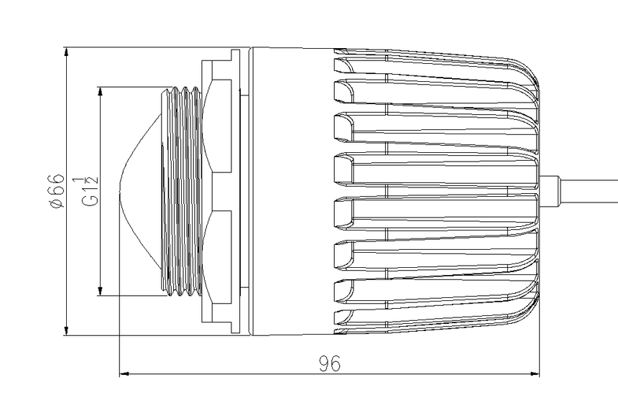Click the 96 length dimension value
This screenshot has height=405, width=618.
pos(330,363)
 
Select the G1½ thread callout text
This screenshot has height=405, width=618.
pos(89,191)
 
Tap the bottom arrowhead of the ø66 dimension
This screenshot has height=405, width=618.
pos(66,330)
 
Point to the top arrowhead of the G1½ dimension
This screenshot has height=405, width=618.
pos(101,92)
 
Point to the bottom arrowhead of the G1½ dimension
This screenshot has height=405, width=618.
pos(101,290)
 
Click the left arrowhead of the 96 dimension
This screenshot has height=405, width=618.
pos(125,373)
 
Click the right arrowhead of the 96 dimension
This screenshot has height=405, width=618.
pos(534,373)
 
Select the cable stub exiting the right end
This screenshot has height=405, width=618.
pos(578,191)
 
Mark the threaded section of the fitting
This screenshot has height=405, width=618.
pos(181,191)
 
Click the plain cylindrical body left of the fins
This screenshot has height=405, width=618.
pos(292,192)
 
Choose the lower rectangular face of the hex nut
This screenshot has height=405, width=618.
pos(221,257)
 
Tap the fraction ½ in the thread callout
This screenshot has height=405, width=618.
pos(89,181)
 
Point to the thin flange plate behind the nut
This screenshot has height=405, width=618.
pos(235,192)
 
